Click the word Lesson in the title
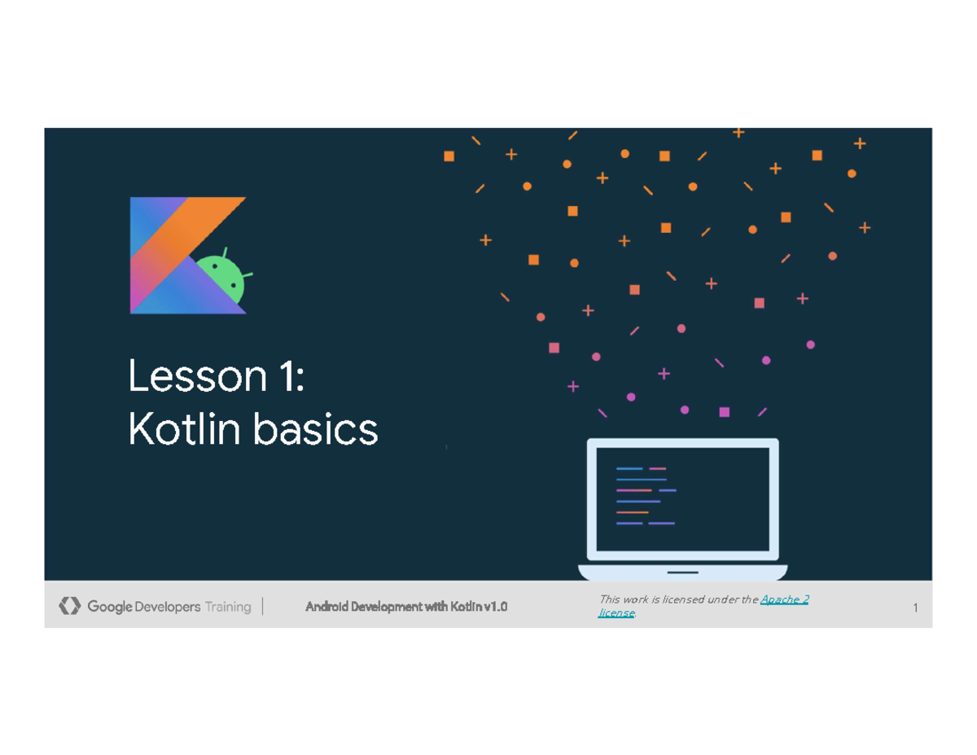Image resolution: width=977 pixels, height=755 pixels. point(197,376)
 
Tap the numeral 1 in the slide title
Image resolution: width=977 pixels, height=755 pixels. point(286,376)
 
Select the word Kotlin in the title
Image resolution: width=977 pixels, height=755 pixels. point(184,429)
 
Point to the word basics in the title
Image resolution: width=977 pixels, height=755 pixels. point(316,429)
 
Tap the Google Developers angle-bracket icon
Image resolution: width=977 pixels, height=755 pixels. point(70,606)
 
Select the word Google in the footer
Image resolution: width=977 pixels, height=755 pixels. point(110,607)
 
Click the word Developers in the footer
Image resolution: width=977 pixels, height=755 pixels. point(167,607)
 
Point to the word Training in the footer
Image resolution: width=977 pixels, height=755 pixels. point(228,607)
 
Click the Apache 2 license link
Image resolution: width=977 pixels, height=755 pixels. point(703,606)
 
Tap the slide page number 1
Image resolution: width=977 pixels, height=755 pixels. point(915,608)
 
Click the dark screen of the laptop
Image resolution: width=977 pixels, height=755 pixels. point(682,499)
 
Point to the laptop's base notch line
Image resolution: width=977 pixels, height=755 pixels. point(682,573)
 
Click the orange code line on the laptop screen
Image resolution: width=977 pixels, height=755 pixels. point(632,512)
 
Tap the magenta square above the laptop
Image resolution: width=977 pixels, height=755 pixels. point(725,412)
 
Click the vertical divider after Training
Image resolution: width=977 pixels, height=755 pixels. point(263,606)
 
